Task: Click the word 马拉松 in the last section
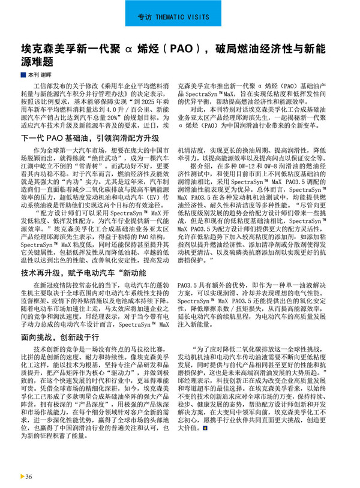136,349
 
